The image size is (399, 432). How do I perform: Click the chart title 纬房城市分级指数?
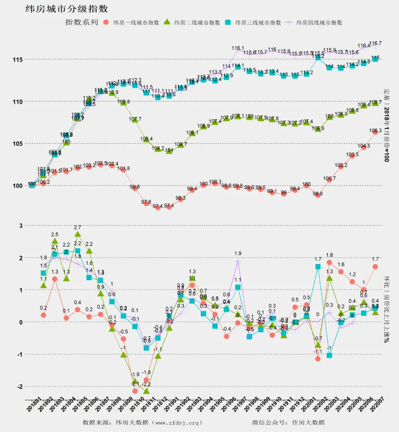pos(66,9)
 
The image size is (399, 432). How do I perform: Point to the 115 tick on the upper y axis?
pos(18,59)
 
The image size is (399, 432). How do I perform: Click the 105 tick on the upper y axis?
pos(18,144)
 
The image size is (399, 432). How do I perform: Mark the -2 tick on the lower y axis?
pos(20,387)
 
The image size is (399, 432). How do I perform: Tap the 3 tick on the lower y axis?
pos(21,226)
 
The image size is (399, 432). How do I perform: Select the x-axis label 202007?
pos(377,405)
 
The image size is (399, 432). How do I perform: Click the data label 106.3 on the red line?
pos(375,130)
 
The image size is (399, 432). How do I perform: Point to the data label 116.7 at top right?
pos(375,43)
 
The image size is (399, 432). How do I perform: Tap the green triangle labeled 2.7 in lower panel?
pos(78,234)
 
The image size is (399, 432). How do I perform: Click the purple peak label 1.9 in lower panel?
pos(238,254)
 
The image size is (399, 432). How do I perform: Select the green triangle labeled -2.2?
pos(146,391)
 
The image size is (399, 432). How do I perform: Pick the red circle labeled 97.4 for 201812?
pos(158,207)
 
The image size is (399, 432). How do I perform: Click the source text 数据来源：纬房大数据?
pos(142,422)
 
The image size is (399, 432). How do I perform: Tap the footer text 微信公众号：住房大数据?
pos(288,422)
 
